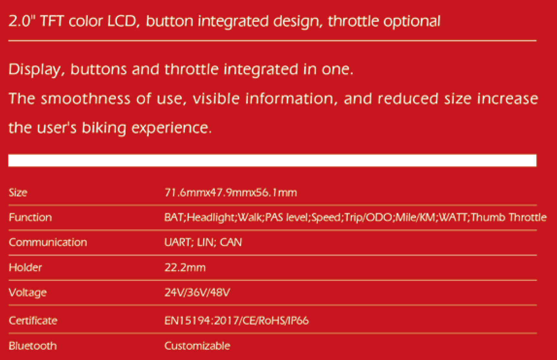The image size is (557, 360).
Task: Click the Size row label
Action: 18,192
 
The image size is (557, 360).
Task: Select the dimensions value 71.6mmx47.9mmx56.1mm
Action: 230,192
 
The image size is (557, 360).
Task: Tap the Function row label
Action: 30,217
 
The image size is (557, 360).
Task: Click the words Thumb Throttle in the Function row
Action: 508,217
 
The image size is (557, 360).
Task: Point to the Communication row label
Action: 48,242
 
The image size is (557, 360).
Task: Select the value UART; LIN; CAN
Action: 203,242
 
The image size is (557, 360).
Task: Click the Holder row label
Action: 25,267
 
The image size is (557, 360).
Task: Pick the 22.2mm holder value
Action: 185,267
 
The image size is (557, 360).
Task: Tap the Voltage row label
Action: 28,293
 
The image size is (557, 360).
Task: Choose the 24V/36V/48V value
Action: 197,292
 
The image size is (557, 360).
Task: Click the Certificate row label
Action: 33,320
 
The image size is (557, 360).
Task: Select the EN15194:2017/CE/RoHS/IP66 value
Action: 237,320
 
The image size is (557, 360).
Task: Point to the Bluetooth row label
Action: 33,345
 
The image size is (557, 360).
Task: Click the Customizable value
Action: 197,345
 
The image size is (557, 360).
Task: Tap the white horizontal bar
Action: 272,160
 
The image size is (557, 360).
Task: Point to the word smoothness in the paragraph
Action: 85,98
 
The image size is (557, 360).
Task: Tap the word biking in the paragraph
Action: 104,128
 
